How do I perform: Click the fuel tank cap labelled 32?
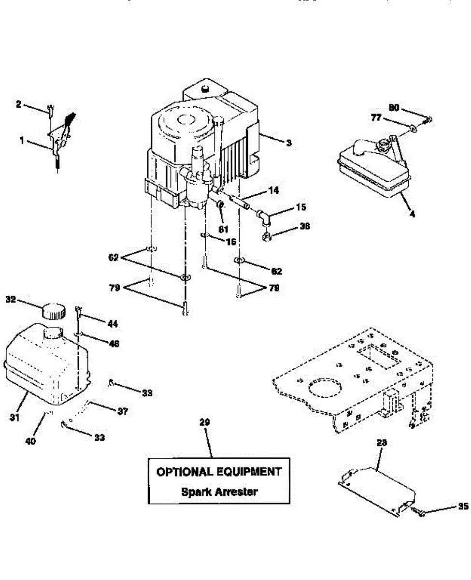pos(54,310)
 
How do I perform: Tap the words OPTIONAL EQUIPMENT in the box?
pos(218,472)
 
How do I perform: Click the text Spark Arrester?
pos(219,492)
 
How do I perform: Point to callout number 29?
pos(204,422)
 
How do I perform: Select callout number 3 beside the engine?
pos(288,143)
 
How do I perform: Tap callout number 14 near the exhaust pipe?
pos(273,191)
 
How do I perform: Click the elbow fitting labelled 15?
pos(265,216)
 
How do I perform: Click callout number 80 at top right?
pos(394,107)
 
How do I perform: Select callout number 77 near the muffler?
pos(376,117)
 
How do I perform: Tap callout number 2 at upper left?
pos(18,103)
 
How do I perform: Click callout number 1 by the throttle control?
pos(22,141)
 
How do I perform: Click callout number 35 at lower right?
pos(463,507)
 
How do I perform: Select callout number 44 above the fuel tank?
pos(113,323)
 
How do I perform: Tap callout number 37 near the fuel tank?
pos(123,411)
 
